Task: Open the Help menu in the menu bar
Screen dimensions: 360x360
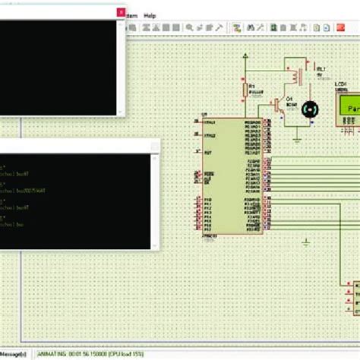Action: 150,15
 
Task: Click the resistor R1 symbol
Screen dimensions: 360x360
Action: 245,91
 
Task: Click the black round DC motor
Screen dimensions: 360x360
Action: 310,110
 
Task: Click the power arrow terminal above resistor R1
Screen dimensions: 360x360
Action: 245,55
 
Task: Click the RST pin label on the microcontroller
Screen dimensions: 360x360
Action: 207,152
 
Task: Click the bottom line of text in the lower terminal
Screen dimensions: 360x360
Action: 15,226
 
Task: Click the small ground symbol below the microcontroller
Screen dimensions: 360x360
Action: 305,242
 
